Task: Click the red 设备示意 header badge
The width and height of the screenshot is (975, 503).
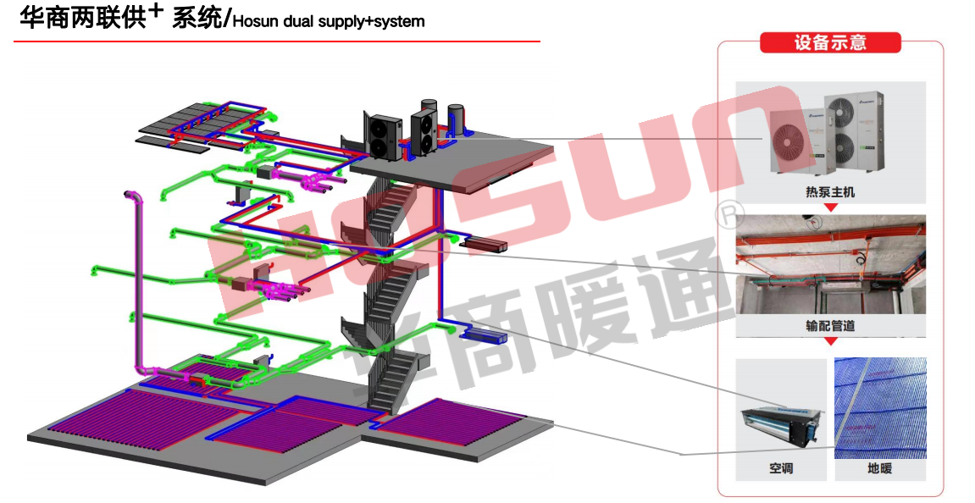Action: click(x=829, y=42)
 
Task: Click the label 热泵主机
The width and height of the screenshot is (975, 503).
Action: click(x=830, y=192)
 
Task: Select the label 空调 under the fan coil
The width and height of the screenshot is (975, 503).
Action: click(x=781, y=468)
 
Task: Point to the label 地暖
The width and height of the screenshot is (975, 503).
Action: click(x=879, y=468)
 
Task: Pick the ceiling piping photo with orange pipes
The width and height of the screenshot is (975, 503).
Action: click(x=830, y=264)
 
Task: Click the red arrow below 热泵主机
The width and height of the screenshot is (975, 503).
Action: click(x=830, y=207)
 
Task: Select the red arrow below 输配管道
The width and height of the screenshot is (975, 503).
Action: click(x=830, y=340)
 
